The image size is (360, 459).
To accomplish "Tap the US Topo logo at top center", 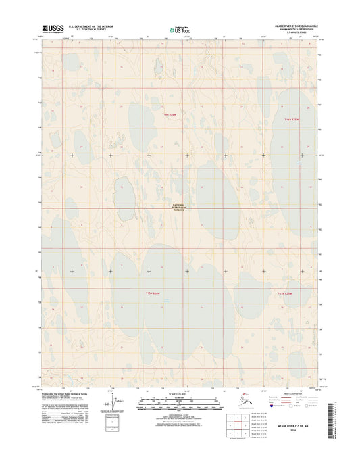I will (x=180, y=30).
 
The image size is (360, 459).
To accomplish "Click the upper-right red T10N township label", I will (x=292, y=120).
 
